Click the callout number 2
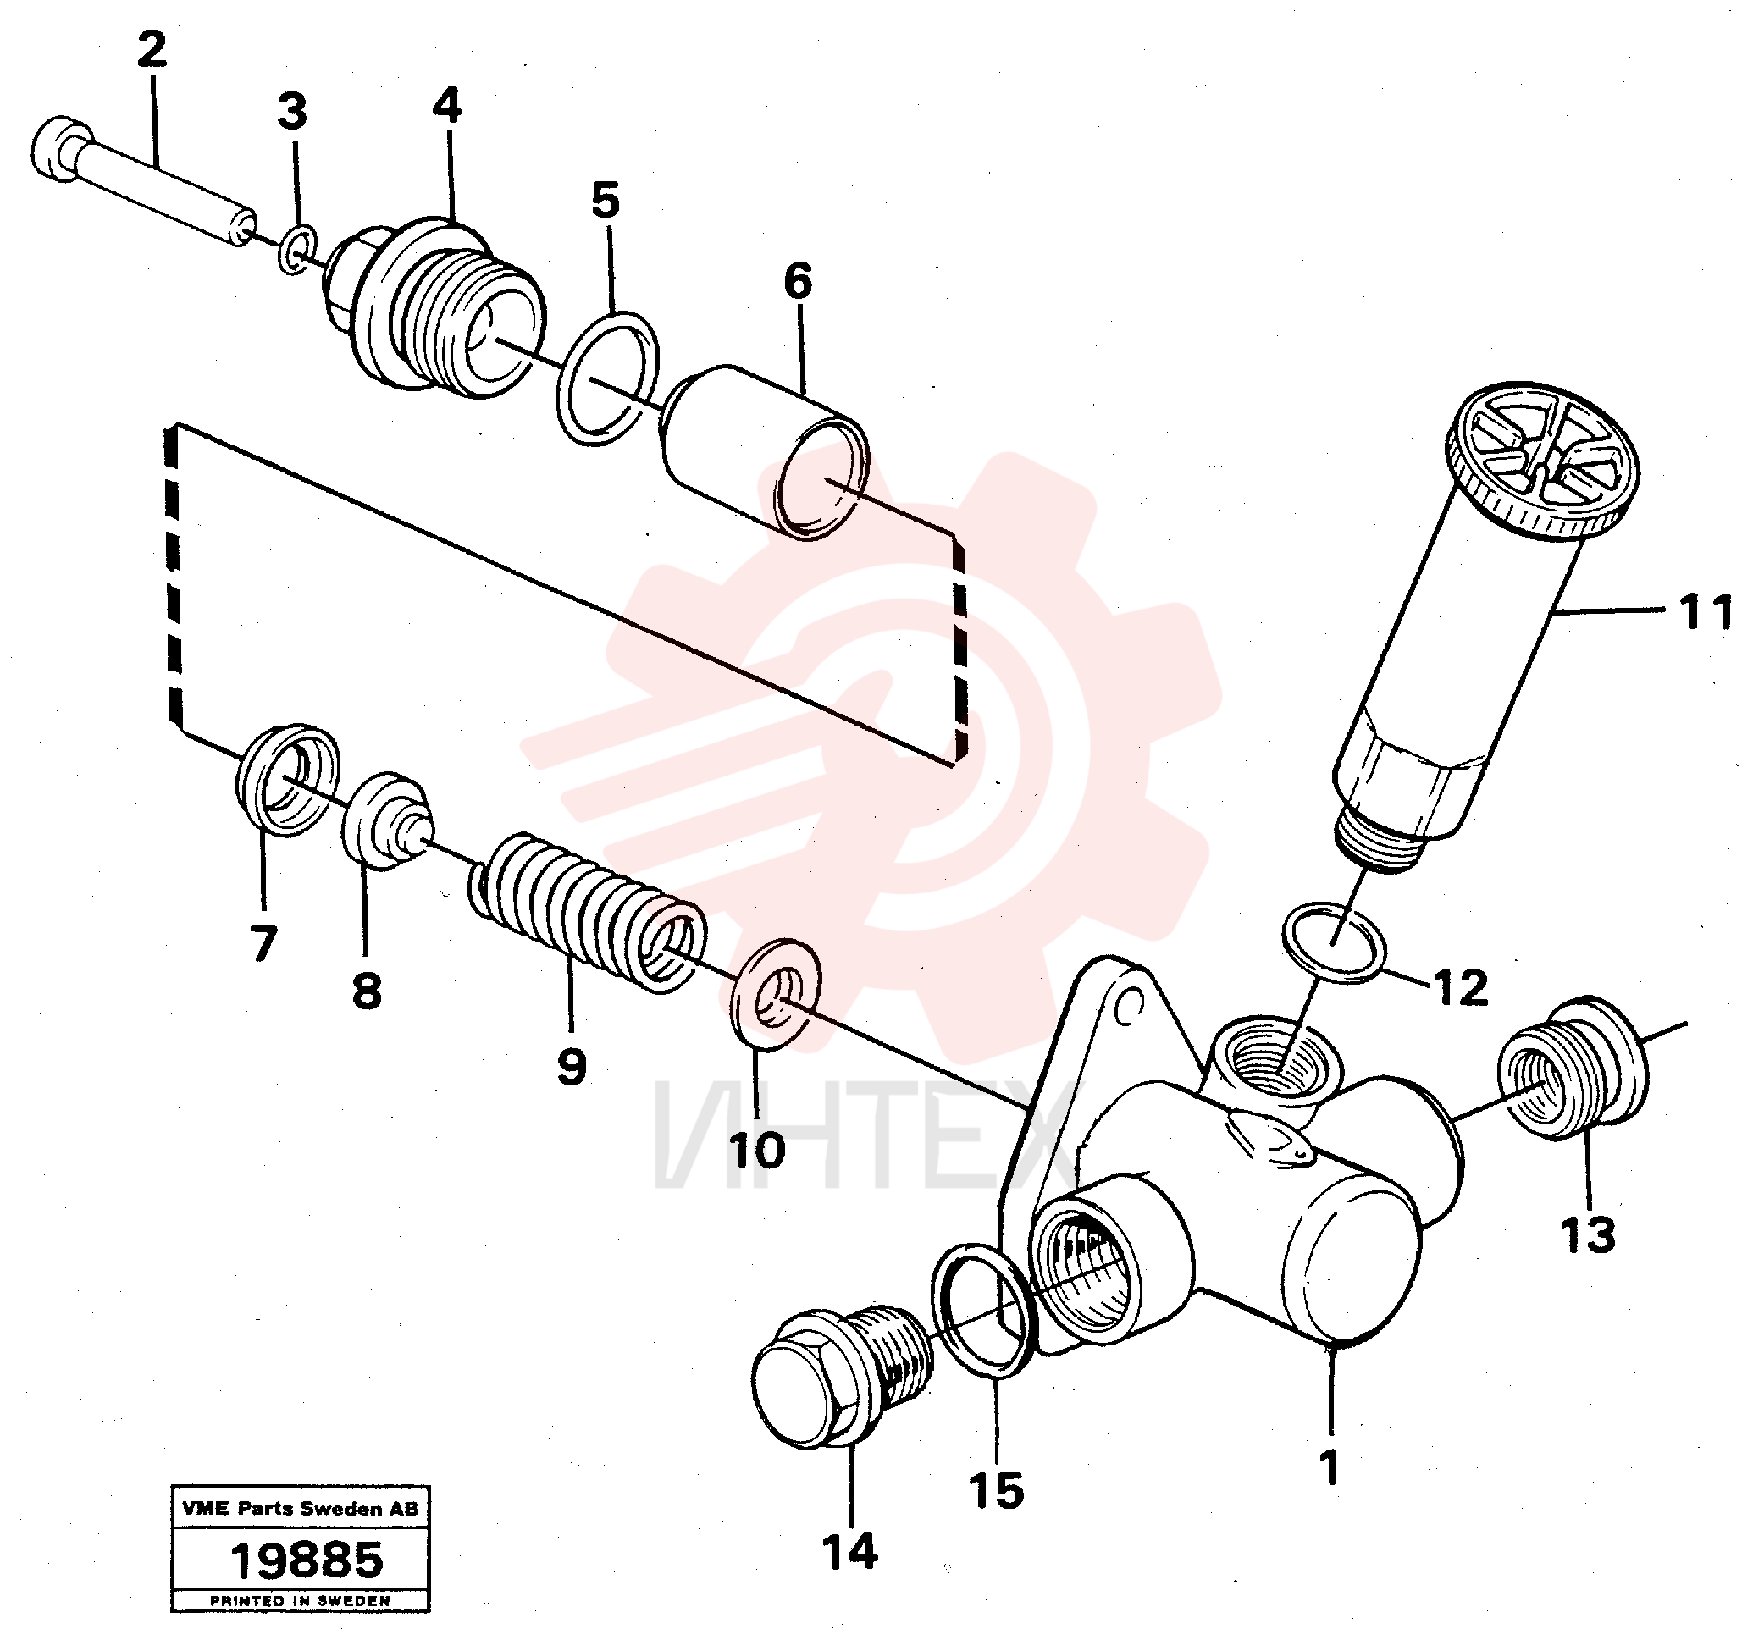pyautogui.click(x=152, y=50)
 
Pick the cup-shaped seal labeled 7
pyautogui.click(x=288, y=779)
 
